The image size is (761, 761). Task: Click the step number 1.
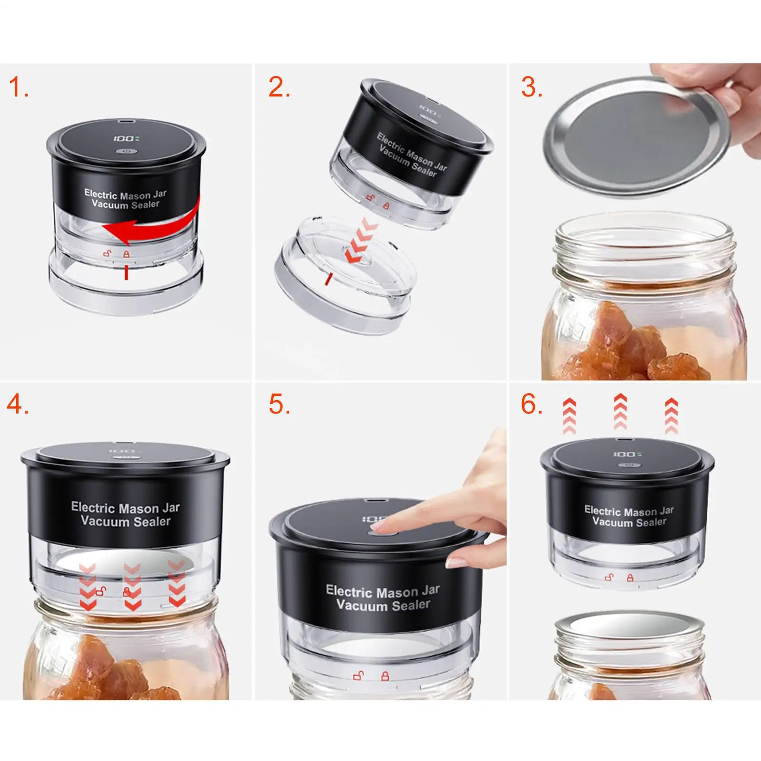(x=18, y=88)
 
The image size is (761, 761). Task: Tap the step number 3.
(x=531, y=88)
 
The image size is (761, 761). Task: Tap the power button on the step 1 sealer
(x=126, y=153)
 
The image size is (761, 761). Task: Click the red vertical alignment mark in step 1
(x=126, y=272)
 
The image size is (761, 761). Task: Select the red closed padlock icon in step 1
(x=126, y=254)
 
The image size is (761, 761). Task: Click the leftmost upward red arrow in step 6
(x=569, y=416)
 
